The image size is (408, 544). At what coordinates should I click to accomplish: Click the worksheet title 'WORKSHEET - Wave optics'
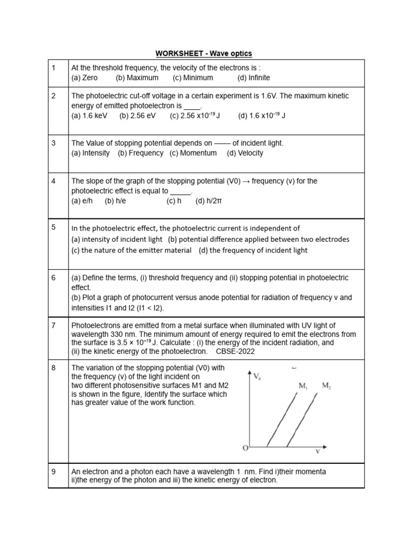tap(203, 53)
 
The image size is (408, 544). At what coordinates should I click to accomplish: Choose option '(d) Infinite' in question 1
tap(253, 78)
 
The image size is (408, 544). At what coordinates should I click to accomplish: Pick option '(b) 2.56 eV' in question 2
tap(137, 115)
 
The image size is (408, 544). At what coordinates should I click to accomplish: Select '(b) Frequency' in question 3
tap(140, 153)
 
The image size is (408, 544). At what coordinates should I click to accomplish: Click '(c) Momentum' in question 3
tap(193, 153)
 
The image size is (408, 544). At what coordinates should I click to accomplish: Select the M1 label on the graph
tap(303, 386)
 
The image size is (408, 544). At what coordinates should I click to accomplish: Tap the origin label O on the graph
tap(245, 448)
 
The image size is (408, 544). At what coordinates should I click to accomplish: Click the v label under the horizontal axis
tap(318, 452)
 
